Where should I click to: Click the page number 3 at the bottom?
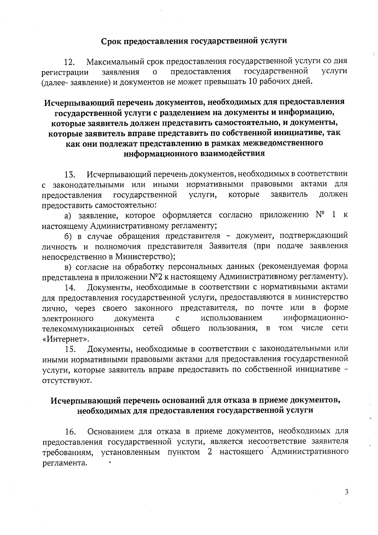tap(346, 492)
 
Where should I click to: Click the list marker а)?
tap(69, 216)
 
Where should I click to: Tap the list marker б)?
tap(69, 236)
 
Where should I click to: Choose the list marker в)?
tap(69, 267)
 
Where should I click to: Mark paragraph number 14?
tap(70, 288)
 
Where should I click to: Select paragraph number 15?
tap(70, 349)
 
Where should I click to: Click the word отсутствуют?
tap(67, 380)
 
